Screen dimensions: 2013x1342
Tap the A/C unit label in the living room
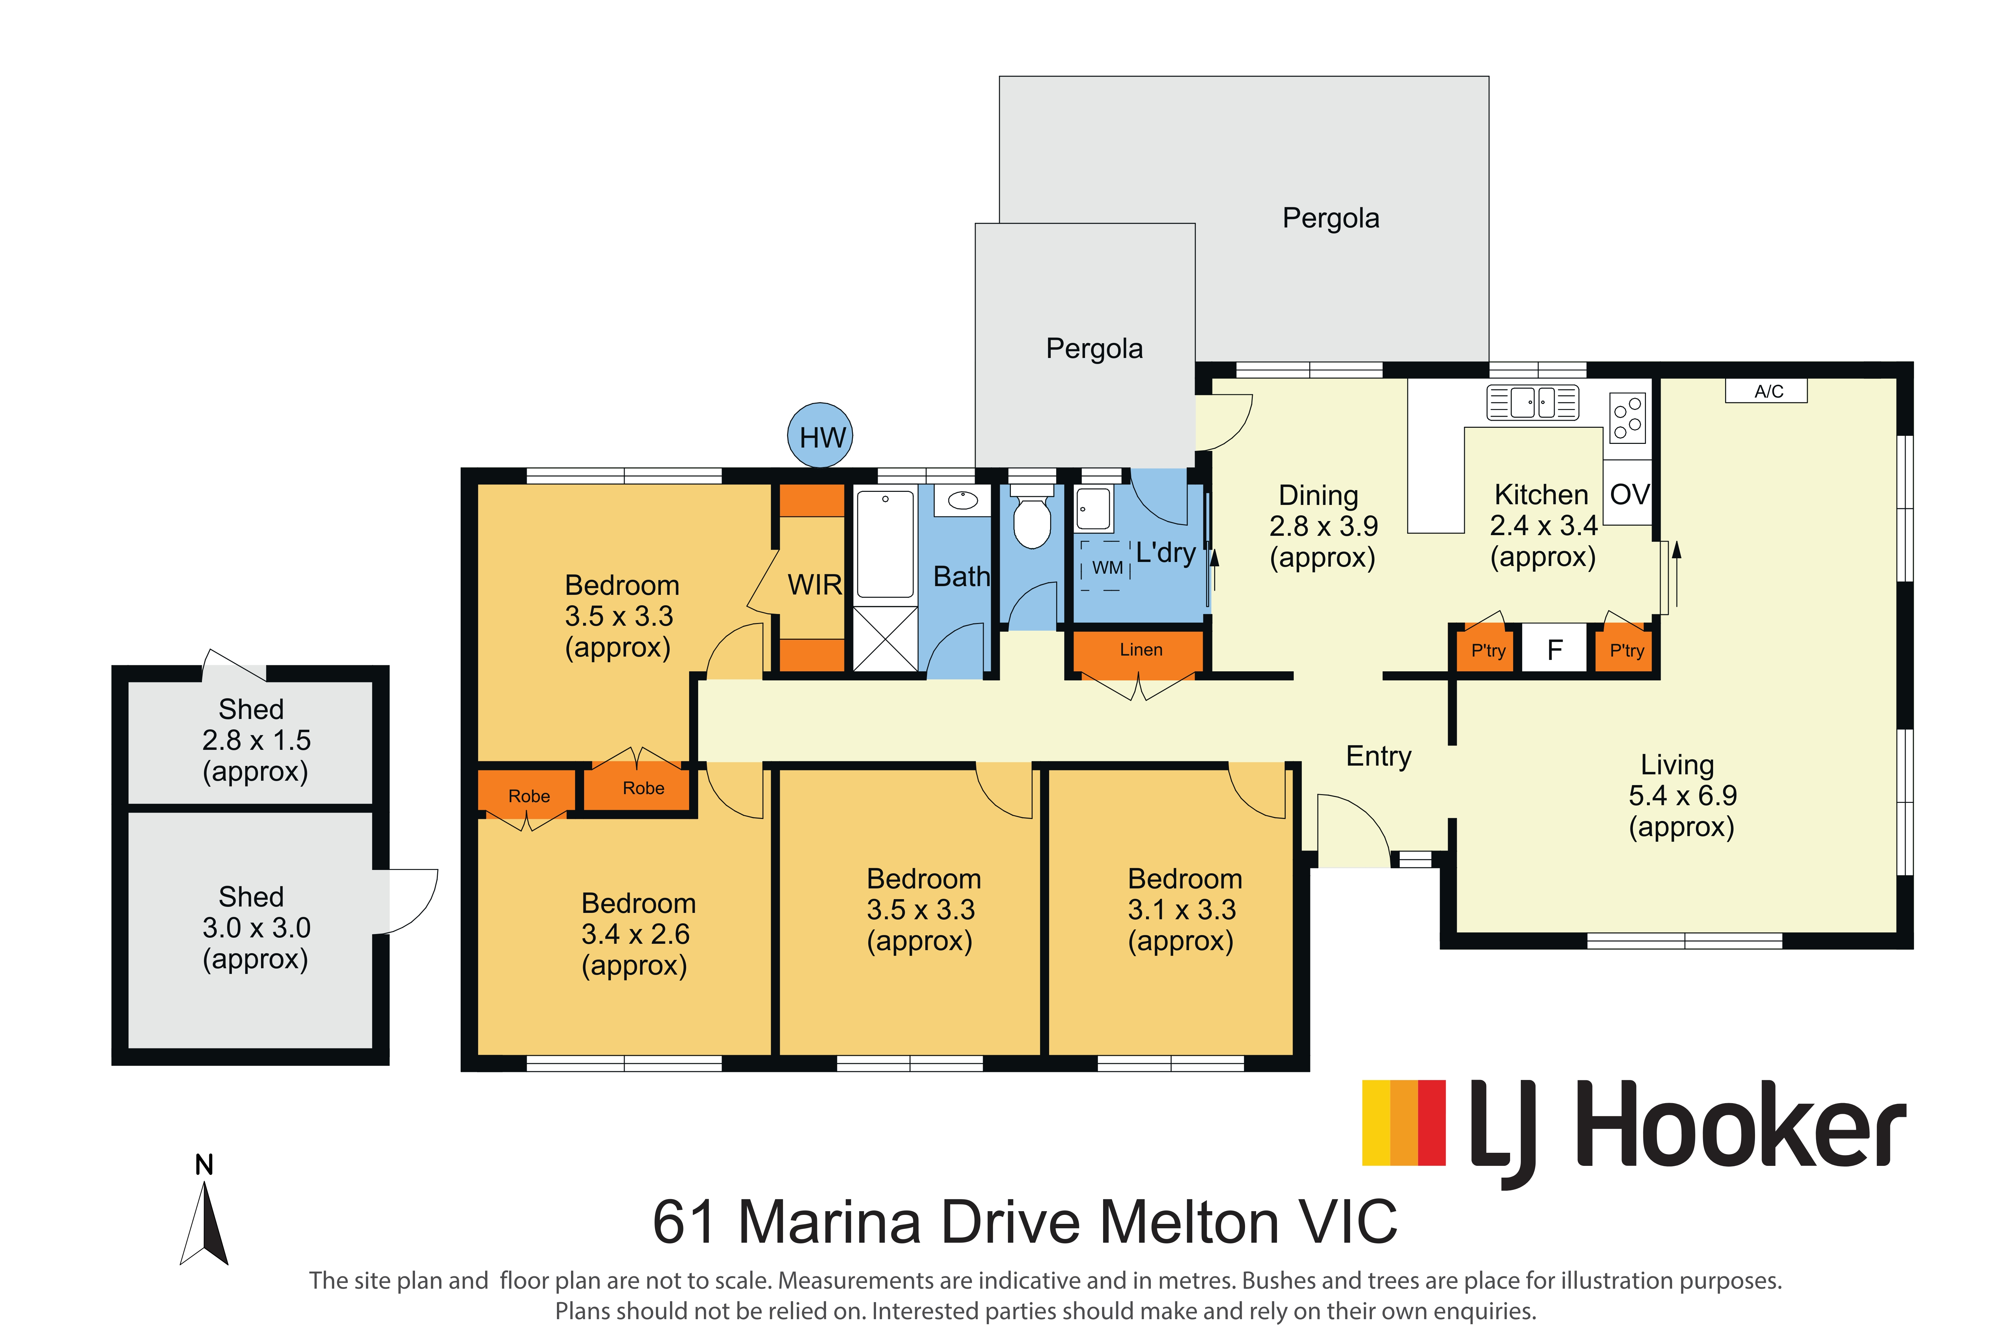tap(1766, 391)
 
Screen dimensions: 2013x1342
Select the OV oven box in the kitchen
tap(1628, 494)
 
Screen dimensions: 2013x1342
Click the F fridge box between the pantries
tap(1554, 651)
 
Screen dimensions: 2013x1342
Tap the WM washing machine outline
tap(1106, 566)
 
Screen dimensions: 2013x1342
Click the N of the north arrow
tap(204, 1164)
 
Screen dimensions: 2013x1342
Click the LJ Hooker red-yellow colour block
tap(1404, 1123)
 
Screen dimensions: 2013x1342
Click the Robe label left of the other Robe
tap(529, 796)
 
